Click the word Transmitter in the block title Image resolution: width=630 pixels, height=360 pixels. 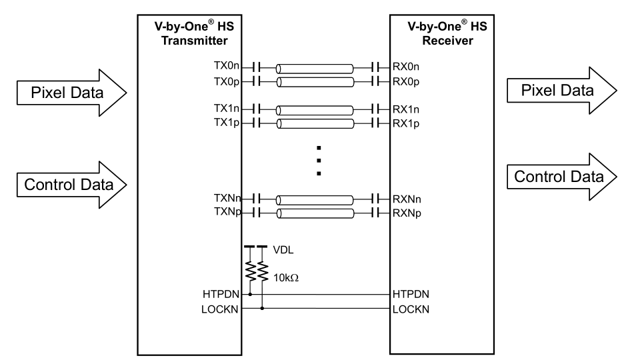click(x=187, y=41)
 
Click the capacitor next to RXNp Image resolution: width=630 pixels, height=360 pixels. click(x=376, y=213)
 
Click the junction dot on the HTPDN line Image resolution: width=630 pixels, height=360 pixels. click(x=251, y=293)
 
